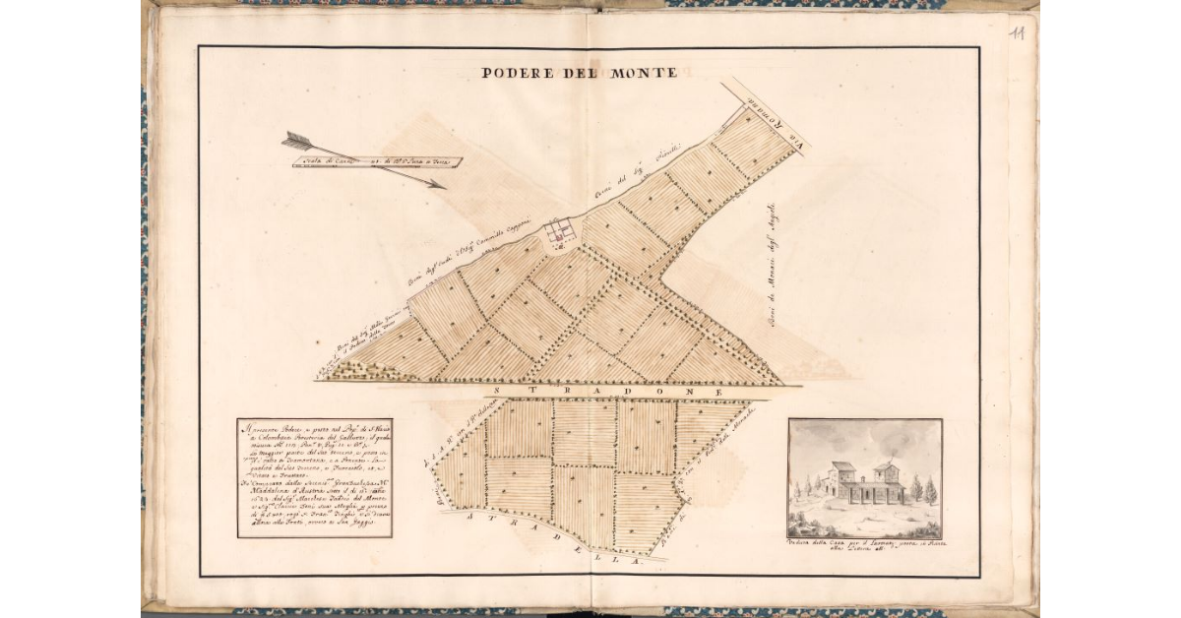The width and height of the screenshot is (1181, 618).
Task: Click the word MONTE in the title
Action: tap(641, 72)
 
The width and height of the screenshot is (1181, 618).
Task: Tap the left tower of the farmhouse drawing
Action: tap(841, 477)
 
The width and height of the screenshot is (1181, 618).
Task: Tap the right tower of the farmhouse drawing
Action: tap(886, 474)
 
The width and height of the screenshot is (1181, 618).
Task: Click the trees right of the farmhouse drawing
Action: tap(923, 488)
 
